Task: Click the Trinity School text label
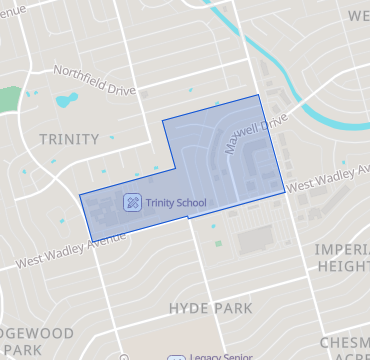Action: (175, 202)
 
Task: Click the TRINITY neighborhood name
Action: (69, 139)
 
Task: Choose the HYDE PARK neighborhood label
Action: (211, 308)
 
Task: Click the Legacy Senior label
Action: (220, 356)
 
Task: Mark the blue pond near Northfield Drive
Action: (67, 100)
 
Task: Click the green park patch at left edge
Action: (8, 101)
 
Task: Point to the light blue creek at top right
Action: (300, 104)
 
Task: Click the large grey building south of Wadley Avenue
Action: (255, 239)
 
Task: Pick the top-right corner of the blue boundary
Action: (260, 95)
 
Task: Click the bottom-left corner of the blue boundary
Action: (92, 241)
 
